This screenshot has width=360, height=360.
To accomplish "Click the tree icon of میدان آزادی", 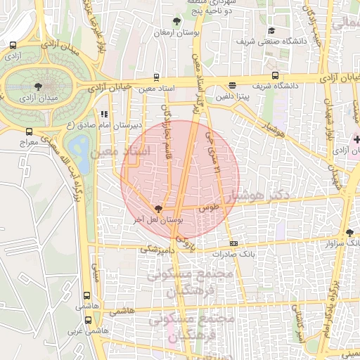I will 37,86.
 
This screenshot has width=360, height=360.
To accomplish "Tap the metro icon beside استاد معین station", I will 156,77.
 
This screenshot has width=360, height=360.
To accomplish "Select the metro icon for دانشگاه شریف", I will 274,76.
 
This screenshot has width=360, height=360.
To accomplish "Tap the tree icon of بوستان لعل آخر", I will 157,209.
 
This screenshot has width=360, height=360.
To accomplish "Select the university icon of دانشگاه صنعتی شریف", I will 271,31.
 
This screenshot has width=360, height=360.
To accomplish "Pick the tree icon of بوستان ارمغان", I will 176,22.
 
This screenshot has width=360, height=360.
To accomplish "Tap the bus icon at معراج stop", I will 29,131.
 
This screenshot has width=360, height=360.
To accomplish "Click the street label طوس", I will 209,209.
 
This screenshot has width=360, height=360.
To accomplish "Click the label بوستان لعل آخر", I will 157,220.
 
